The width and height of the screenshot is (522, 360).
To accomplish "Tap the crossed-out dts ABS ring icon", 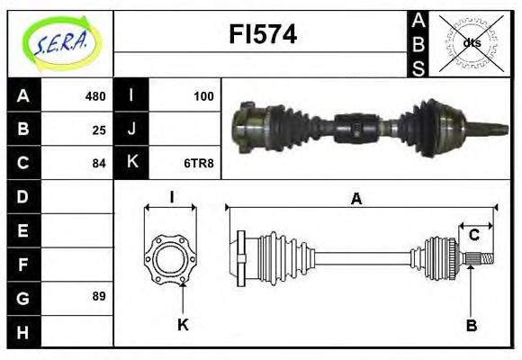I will pos(471,42).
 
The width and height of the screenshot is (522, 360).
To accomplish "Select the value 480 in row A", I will pos(94,96).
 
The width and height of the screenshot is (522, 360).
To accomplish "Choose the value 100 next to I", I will pos(204,96).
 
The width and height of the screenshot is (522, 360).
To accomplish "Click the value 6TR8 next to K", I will pos(199,163).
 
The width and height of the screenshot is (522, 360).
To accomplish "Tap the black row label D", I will pos(23,196).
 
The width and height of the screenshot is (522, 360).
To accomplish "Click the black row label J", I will pos(131,130).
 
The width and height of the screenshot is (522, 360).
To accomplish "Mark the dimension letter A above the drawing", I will pos(357,200).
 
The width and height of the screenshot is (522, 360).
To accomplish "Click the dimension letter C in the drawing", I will pos(474,236).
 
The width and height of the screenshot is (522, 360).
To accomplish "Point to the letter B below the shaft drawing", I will pos(471,324).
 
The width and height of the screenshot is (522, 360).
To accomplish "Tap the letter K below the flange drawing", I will pos(183,324).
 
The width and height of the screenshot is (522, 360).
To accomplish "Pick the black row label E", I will pos(23,229).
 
